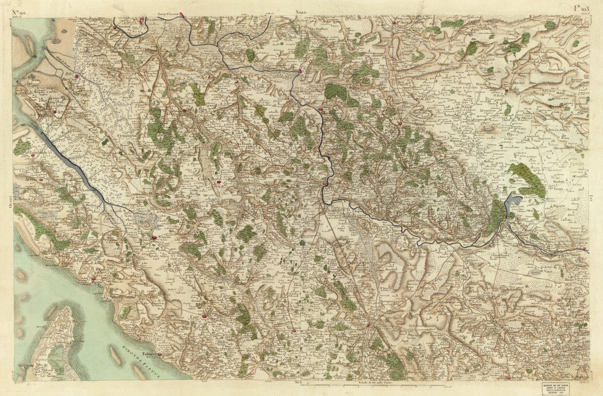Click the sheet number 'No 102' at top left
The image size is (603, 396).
(21, 9)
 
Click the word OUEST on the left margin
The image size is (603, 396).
(11, 202)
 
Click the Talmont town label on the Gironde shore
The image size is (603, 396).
(147, 354)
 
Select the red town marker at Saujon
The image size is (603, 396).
(155, 237)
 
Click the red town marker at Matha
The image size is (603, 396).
(507, 90)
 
